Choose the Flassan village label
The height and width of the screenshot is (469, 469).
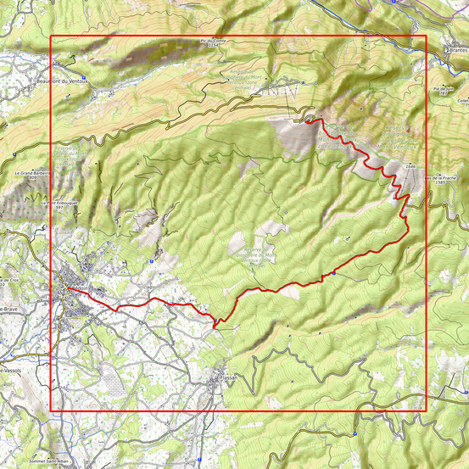(229, 377)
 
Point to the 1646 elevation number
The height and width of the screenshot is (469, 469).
(410, 167)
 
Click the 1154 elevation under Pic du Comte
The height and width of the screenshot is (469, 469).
(214, 45)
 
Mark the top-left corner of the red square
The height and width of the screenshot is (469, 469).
(52, 36)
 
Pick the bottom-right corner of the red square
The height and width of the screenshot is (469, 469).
(423, 411)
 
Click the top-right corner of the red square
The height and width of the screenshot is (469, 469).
(423, 36)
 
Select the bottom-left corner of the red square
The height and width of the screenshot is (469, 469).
(52, 411)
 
